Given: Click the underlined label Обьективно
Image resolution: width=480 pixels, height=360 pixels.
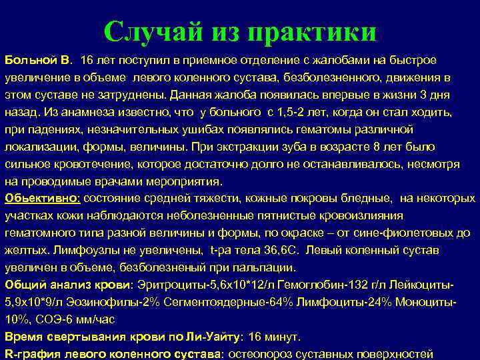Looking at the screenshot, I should (42, 198).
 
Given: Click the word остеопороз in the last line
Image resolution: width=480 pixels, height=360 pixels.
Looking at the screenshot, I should (258, 354).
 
